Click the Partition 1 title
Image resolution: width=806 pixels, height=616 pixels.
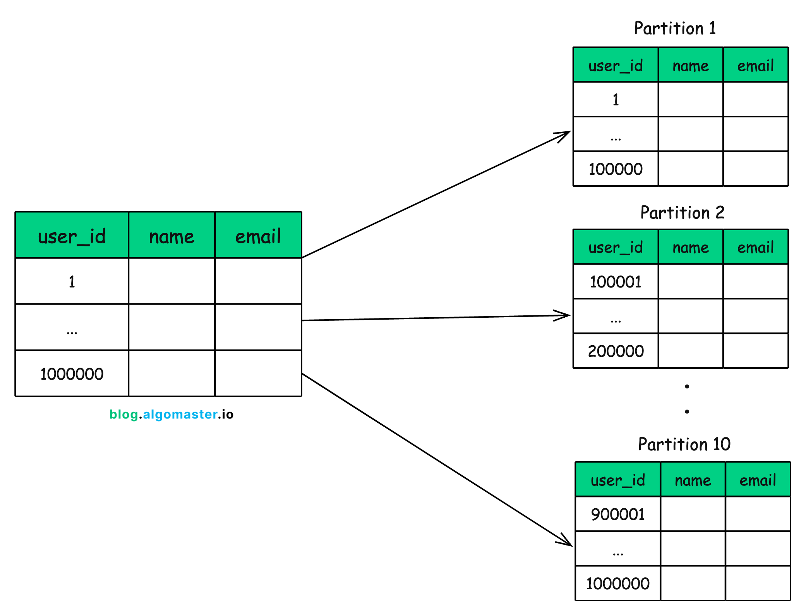point(675,28)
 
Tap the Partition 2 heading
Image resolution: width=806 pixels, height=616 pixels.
point(682,213)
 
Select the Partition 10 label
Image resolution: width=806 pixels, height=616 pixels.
point(684,444)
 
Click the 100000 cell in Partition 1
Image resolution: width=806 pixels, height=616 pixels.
point(616,169)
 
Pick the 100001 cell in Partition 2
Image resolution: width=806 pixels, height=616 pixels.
point(616,282)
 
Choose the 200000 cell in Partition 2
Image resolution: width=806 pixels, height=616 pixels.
point(616,351)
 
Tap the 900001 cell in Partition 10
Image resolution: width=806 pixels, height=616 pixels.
point(618,514)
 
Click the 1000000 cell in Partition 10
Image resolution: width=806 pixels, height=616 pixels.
point(618,583)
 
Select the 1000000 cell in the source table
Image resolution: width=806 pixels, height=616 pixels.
point(72,374)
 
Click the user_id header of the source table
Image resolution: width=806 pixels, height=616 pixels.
point(72,236)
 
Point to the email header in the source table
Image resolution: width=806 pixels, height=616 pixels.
point(258,236)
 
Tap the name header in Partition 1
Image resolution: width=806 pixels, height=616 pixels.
point(691,65)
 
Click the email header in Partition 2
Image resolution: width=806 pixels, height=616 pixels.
point(755,247)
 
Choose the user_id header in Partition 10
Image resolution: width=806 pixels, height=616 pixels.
point(618,480)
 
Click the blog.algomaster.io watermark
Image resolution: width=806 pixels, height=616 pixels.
point(171,414)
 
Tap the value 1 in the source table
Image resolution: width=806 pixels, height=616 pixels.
point(72,282)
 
